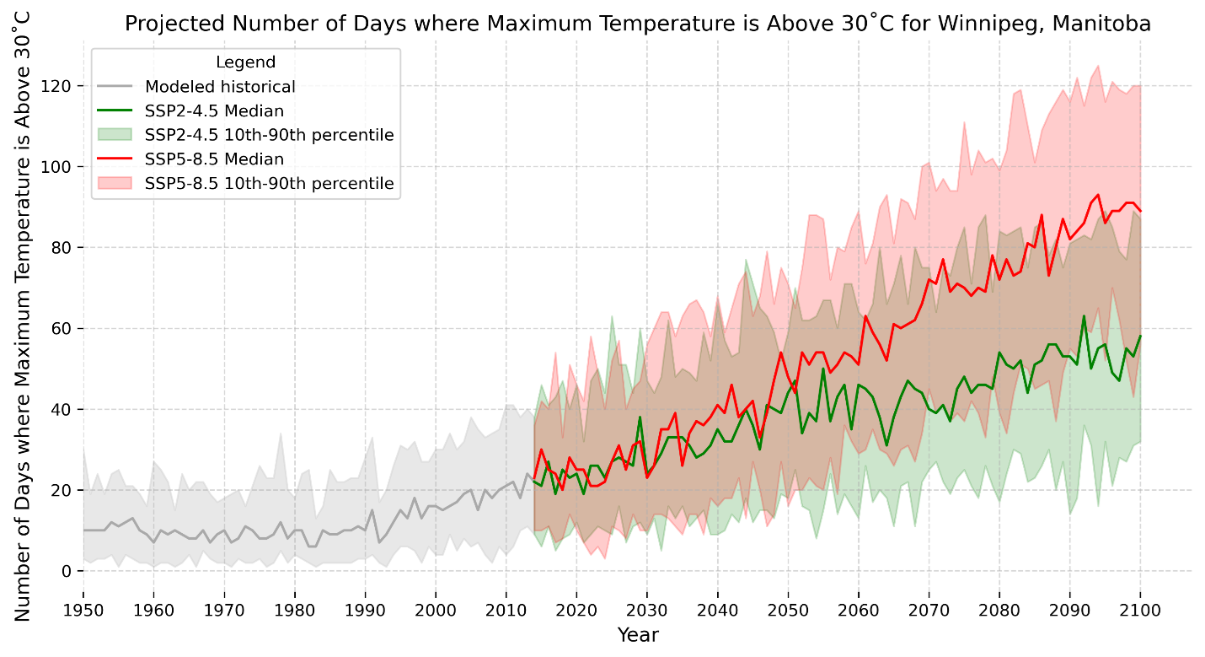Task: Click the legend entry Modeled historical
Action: point(220,86)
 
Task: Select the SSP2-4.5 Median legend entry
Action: point(214,110)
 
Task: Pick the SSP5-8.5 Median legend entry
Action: point(214,159)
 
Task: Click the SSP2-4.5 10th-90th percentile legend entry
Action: point(270,135)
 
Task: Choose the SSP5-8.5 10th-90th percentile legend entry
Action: point(270,183)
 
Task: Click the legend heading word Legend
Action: point(245,62)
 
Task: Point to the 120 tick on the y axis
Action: point(61,86)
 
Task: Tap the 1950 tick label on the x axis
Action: point(83,609)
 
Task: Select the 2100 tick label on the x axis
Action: point(1140,609)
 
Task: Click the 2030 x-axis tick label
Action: point(646,609)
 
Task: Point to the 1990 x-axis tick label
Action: point(365,609)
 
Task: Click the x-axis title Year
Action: point(637,634)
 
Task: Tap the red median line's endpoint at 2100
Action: point(1140,212)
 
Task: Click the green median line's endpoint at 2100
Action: point(1140,336)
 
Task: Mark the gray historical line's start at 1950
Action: point(83,530)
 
